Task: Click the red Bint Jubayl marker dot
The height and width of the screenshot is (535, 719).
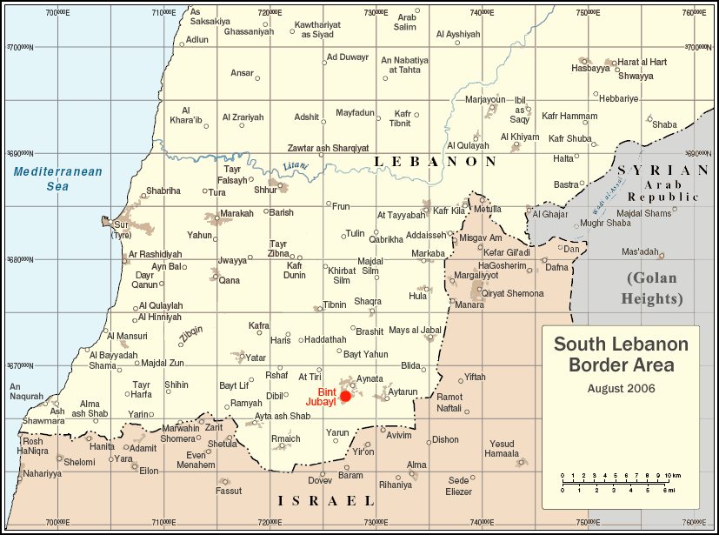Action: [345, 397]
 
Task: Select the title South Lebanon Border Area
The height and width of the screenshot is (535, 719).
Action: [621, 354]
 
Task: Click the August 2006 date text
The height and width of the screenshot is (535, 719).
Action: [621, 388]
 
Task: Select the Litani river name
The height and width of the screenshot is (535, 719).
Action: [296, 166]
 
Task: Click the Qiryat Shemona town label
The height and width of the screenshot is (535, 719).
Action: [512, 293]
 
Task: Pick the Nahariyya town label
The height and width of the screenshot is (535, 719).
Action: [43, 474]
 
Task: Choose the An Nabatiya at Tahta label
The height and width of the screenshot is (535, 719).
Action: [405, 64]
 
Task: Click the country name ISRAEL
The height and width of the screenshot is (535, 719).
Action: [325, 500]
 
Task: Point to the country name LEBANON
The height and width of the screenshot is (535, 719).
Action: [435, 162]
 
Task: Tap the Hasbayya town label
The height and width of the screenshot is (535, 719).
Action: [590, 68]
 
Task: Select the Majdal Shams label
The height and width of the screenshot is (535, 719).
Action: [644, 213]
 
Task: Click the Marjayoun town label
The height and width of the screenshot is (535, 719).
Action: [485, 99]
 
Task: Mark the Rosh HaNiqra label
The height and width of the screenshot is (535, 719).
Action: [31, 445]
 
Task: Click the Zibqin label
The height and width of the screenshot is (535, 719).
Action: [191, 333]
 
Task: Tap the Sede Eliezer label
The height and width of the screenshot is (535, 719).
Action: [458, 485]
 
